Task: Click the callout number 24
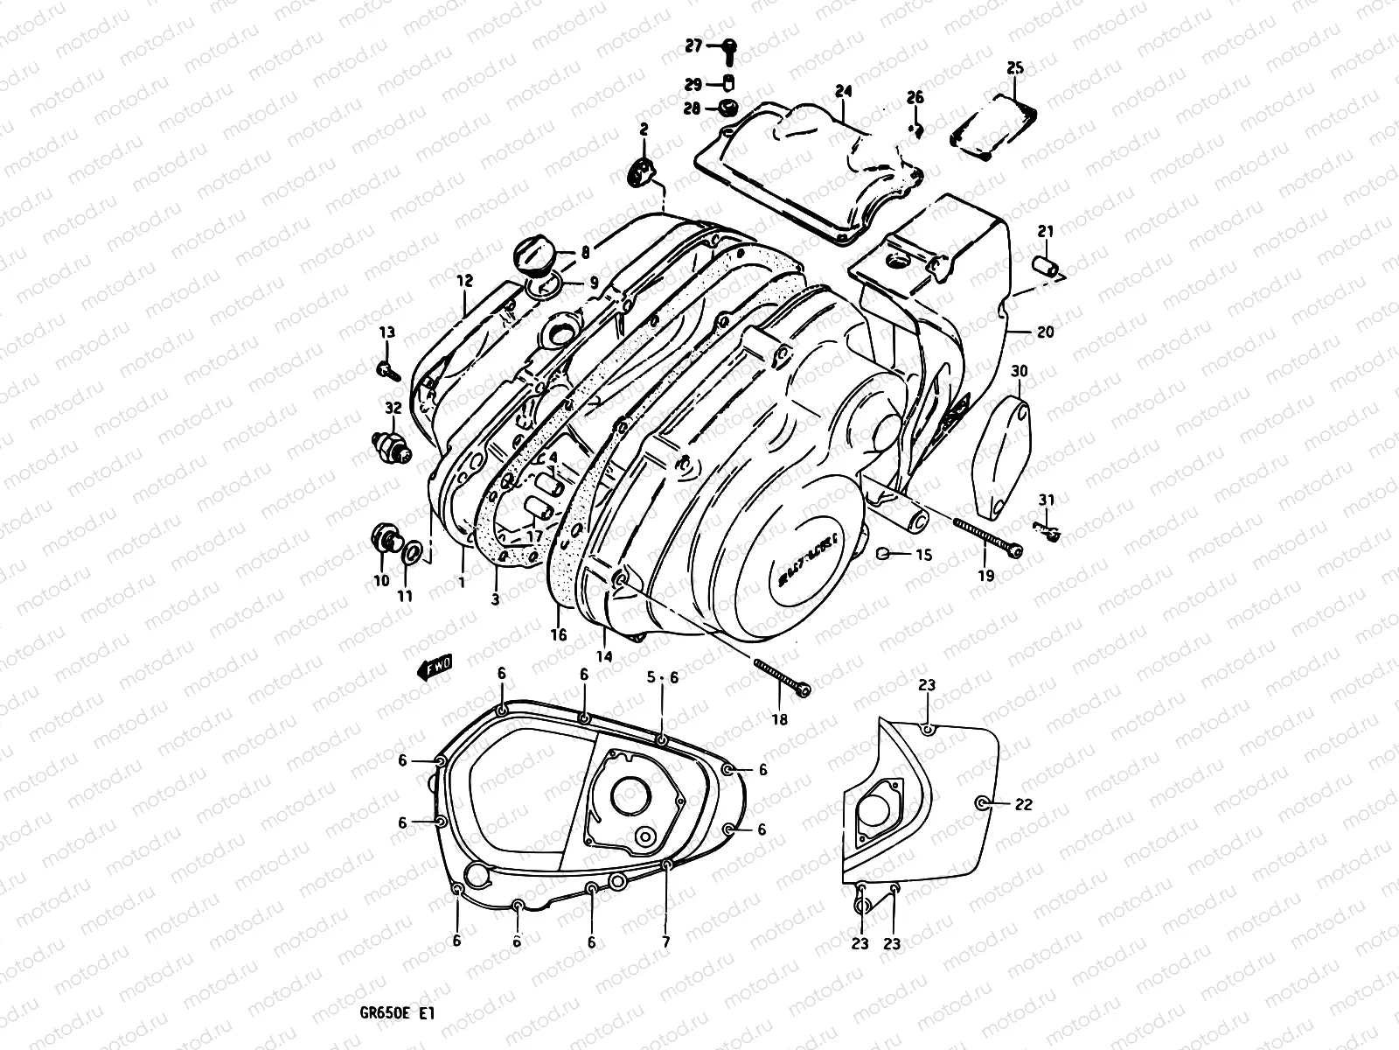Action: (x=843, y=91)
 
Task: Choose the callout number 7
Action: (x=665, y=942)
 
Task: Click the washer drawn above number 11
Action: (x=413, y=549)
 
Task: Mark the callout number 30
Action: (x=1019, y=372)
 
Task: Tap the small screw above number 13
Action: (x=388, y=370)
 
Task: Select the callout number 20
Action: (x=1046, y=332)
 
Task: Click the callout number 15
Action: (x=923, y=555)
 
